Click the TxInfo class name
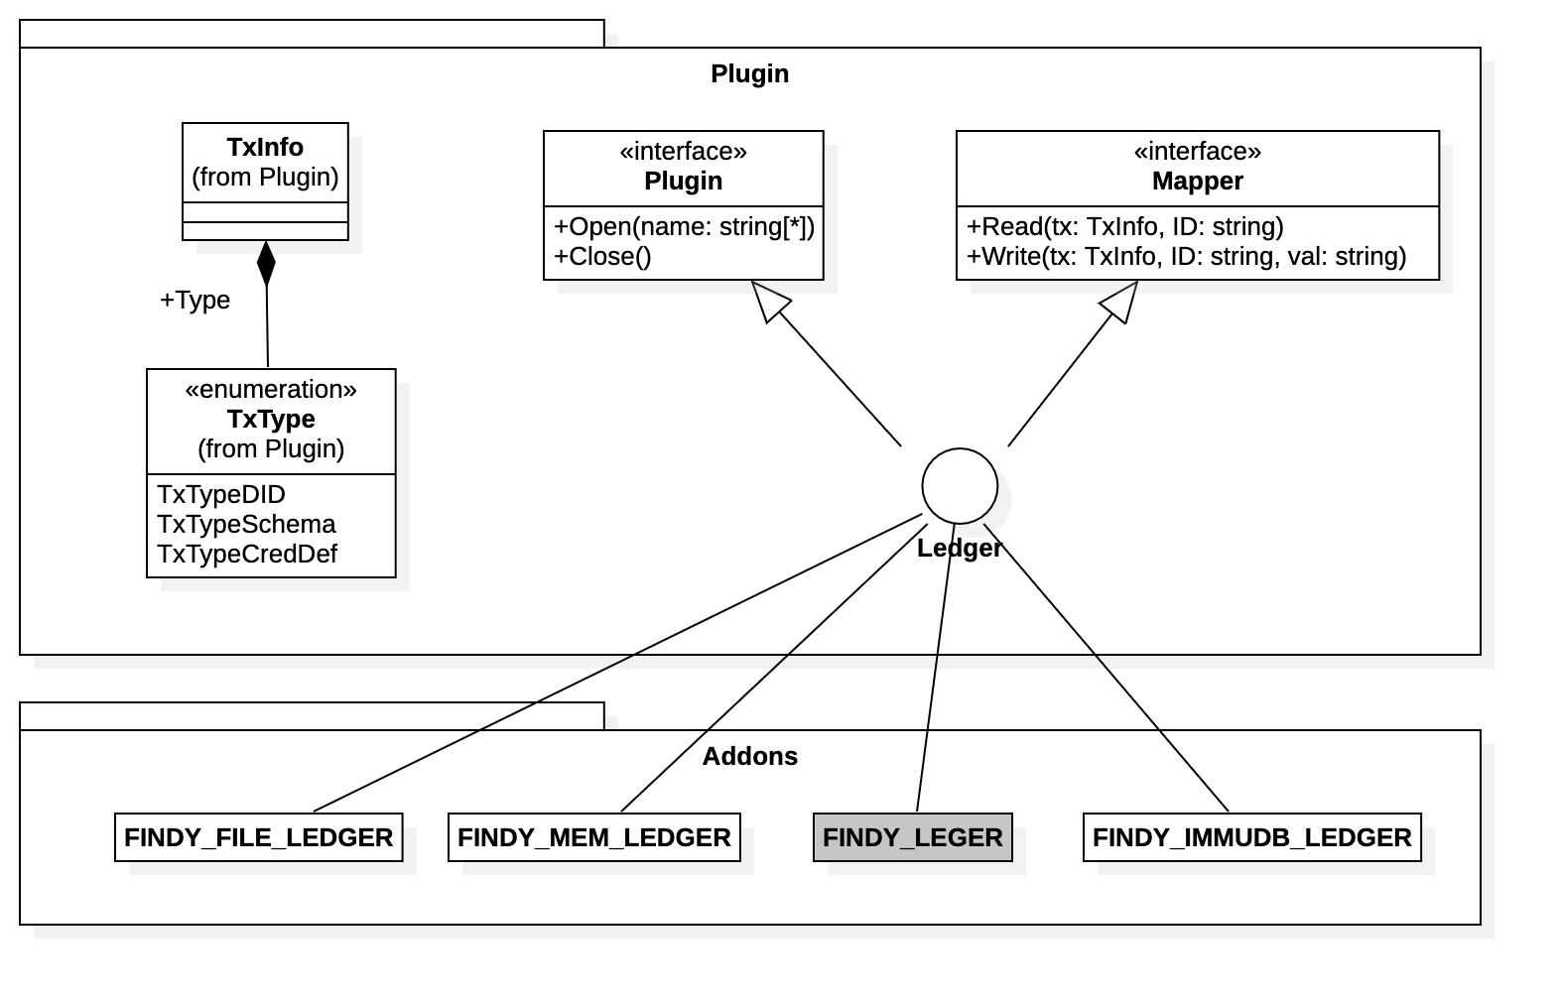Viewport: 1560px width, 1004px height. [x=265, y=147]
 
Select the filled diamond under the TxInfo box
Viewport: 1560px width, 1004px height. [x=266, y=263]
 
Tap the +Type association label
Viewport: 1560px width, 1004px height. [x=195, y=300]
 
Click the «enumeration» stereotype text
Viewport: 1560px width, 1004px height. [x=271, y=389]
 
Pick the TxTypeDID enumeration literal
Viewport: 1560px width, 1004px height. [x=220, y=494]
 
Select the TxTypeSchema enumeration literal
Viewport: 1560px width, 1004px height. [x=246, y=524]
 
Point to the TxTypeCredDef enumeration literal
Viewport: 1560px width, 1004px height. [x=247, y=554]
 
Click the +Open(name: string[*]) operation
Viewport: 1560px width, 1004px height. [x=684, y=226]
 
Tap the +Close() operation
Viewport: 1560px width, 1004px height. [x=602, y=256]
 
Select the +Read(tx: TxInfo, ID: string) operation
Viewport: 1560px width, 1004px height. [x=1124, y=226]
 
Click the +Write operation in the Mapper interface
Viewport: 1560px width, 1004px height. [x=1186, y=256]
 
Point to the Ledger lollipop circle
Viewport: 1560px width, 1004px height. [x=959, y=486]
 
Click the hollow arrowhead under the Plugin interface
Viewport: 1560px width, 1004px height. [x=771, y=301]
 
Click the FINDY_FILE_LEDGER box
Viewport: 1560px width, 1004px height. [x=258, y=837]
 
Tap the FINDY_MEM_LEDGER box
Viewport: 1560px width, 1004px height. [x=593, y=837]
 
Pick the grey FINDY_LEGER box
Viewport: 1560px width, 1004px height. [x=912, y=837]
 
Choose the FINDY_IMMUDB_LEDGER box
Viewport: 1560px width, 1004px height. [x=1251, y=837]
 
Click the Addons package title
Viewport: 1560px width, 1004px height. [x=749, y=756]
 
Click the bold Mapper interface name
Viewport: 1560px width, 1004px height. [x=1197, y=181]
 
